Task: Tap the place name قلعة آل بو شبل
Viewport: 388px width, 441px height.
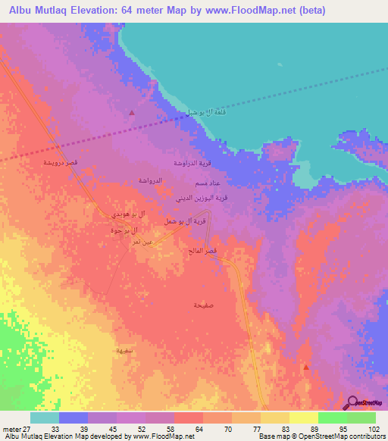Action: coord(207,112)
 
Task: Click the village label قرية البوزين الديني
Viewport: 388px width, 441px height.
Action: coord(202,198)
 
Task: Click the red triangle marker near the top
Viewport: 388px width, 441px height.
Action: coord(132,113)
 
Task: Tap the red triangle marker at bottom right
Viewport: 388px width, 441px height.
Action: coord(305,367)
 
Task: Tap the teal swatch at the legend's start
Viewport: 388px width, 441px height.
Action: coord(45,418)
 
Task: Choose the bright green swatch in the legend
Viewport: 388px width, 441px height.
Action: coord(333,418)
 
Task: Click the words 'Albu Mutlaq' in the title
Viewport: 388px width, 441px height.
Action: coord(38,10)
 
